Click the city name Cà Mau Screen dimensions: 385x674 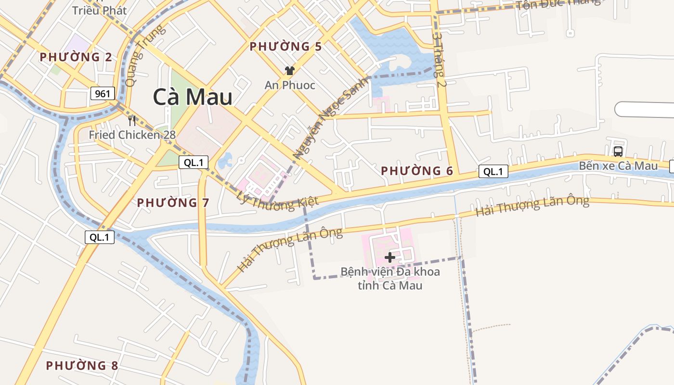[x=193, y=97]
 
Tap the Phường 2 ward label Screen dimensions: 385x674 [x=76, y=57]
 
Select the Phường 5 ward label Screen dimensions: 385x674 [x=285, y=47]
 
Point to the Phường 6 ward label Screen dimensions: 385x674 [x=417, y=171]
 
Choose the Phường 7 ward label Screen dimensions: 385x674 [x=173, y=203]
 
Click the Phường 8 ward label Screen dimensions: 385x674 [x=82, y=366]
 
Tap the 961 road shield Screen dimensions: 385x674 [x=103, y=93]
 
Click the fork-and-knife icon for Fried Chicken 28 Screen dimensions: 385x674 [x=132, y=120]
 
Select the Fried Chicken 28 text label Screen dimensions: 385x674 [x=132, y=135]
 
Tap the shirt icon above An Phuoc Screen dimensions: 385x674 [x=289, y=71]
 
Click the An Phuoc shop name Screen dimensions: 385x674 [x=290, y=85]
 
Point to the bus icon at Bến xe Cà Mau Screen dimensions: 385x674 [x=618, y=152]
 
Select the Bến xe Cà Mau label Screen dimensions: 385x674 [x=618, y=166]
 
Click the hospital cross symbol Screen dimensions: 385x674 [x=390, y=257]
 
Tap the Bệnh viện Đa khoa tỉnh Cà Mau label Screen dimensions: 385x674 [x=390, y=279]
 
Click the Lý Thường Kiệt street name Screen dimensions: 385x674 [x=278, y=198]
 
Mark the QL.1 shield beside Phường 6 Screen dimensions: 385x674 [x=493, y=171]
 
